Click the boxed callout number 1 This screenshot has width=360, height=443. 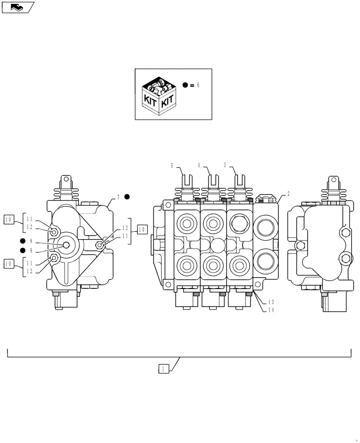click(163, 368)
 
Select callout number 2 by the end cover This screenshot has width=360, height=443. click(289, 193)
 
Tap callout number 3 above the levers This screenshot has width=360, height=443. click(225, 165)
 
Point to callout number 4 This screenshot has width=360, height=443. click(200, 165)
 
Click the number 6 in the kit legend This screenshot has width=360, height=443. click(198, 85)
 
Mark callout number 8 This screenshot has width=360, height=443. click(31, 241)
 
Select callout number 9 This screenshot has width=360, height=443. click(31, 251)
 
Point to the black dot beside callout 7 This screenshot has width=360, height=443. click(127, 197)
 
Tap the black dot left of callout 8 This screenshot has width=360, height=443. click(22, 241)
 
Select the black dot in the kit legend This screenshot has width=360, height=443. click(185, 85)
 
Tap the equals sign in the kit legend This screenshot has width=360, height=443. click(192, 85)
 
